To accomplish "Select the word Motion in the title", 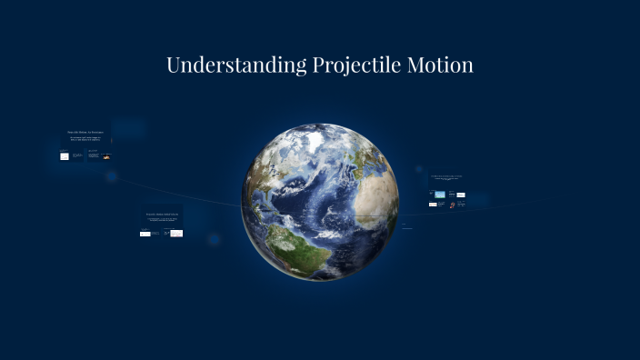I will tap(441, 65).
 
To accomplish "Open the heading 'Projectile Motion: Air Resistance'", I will tap(85, 133).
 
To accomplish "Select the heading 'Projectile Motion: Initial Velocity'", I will tap(161, 215).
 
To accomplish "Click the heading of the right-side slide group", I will tap(446, 178).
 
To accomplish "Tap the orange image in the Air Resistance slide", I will tap(107, 156).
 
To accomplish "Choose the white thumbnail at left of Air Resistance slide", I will tap(65, 156).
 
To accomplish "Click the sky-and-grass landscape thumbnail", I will tap(440, 195).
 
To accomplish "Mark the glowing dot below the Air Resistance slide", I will tap(111, 176).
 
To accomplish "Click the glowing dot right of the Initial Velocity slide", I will tap(214, 240).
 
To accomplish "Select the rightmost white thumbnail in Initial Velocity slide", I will tap(176, 234).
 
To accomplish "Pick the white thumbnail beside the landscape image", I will tap(461, 195).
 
